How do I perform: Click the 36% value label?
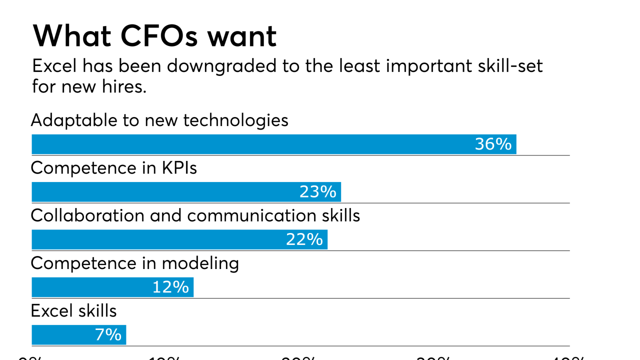click(493, 144)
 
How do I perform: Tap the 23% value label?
click(317, 192)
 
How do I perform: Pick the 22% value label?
click(304, 239)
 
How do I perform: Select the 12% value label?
click(170, 287)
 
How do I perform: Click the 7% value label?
click(108, 334)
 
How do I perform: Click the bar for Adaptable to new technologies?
click(250, 144)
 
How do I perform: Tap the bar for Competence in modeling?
click(90, 287)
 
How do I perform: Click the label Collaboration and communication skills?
click(195, 215)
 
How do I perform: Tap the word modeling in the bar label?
click(200, 263)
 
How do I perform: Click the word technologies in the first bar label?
click(235, 120)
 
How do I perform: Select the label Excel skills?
click(73, 311)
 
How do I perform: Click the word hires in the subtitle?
click(125, 86)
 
